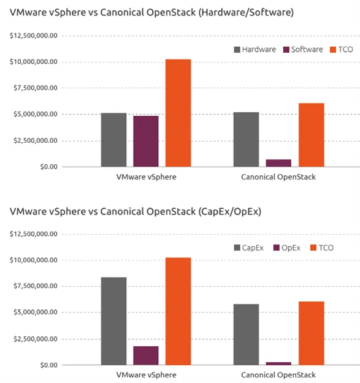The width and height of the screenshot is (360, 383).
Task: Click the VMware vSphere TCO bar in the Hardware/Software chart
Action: click(x=178, y=113)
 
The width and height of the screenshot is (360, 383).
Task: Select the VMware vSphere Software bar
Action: click(x=146, y=141)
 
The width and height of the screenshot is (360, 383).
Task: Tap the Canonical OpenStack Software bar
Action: click(x=278, y=163)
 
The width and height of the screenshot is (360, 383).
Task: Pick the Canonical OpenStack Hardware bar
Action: click(x=246, y=140)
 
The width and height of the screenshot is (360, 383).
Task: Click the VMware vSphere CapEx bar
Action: click(x=114, y=321)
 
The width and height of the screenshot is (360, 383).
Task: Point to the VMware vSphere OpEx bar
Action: click(x=146, y=355)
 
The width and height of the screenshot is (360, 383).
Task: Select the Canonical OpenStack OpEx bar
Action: click(x=278, y=364)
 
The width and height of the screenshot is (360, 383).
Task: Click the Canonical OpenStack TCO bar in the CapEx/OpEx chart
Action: click(x=312, y=333)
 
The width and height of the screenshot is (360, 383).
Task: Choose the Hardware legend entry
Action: click(x=255, y=50)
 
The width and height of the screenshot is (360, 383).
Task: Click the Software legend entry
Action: click(x=303, y=50)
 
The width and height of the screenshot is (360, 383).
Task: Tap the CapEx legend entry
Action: click(x=249, y=248)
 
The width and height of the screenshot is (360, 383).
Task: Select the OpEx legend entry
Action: click(x=286, y=248)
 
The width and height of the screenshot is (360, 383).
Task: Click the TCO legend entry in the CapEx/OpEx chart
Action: click(x=321, y=248)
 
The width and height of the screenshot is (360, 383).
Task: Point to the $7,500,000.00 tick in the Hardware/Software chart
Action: click(x=36, y=88)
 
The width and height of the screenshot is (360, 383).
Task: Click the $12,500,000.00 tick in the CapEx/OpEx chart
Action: click(x=34, y=234)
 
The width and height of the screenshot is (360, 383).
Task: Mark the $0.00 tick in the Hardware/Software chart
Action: click(x=49, y=167)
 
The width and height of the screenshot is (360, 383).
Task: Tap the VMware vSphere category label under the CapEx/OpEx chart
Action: click(x=146, y=375)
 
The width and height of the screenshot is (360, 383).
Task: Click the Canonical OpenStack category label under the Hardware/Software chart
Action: click(x=278, y=177)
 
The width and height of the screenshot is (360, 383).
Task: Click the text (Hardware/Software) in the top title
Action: click(x=246, y=12)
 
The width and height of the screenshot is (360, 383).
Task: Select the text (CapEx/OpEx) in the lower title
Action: click(x=230, y=211)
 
